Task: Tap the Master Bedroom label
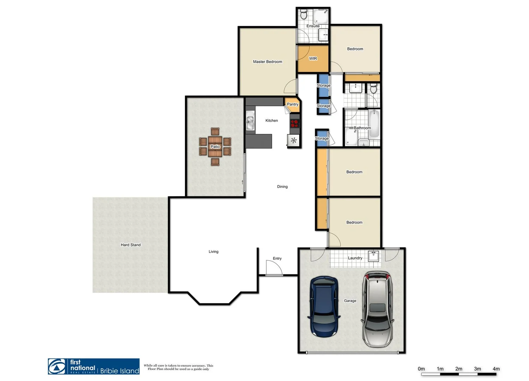[267, 62]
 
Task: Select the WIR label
[313, 59]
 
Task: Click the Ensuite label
[313, 26]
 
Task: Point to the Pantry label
[292, 104]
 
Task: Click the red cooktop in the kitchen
[295, 123]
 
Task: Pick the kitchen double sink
[250, 121]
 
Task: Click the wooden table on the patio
[215, 147]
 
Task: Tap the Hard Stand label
[131, 245]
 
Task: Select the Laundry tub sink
[373, 256]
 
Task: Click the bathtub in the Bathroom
[374, 123]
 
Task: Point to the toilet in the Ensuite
[303, 15]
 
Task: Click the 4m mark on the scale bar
[496, 369]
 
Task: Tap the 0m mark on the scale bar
[421, 369]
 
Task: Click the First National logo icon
[57, 367]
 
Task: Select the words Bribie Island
[120, 371]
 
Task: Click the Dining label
[282, 187]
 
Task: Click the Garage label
[350, 301]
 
